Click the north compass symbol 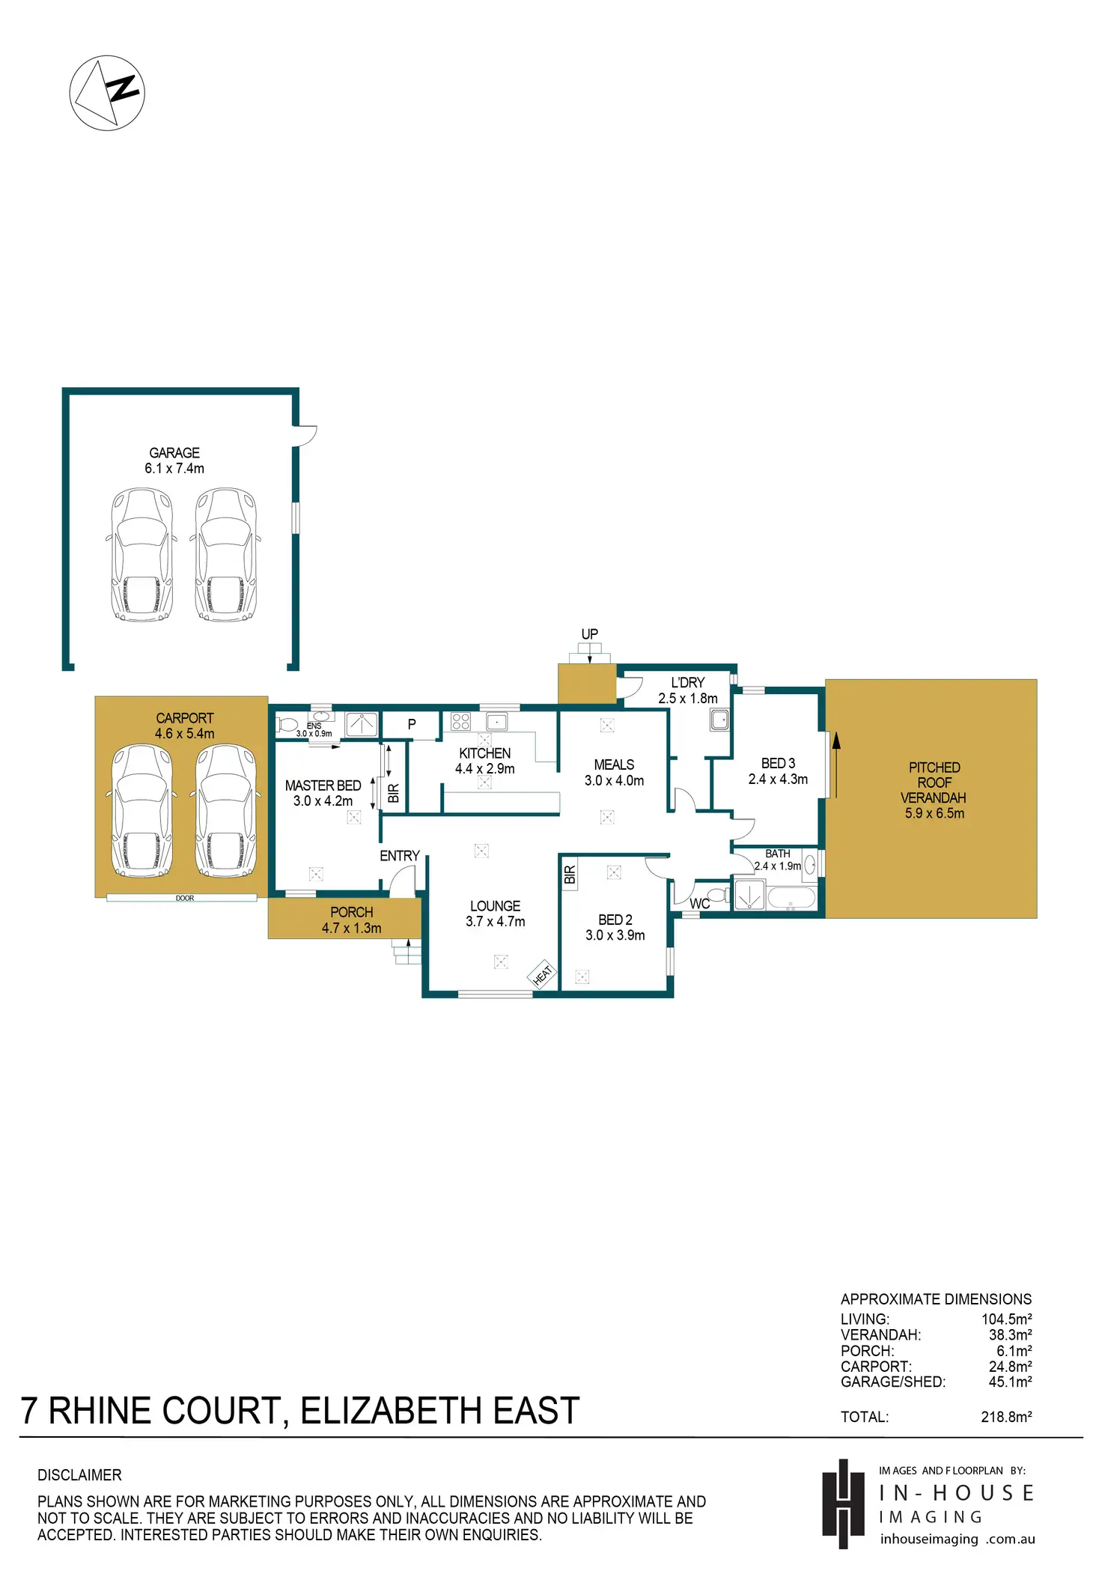107,93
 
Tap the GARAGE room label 174,453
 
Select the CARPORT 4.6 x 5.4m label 185,726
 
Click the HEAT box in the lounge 543,973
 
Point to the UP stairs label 590,634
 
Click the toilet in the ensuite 287,725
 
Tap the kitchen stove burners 460,722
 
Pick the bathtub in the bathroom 791,898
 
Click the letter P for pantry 412,724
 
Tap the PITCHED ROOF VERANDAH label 934,791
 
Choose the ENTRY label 400,856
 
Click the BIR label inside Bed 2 570,875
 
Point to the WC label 700,904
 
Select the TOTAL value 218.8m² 1006,1417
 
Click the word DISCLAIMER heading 79,1475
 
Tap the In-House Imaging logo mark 844,1504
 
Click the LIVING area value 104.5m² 1007,1319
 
